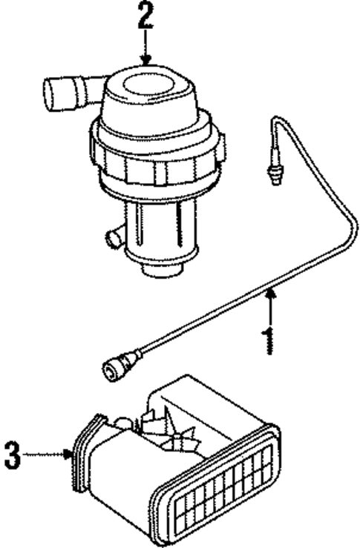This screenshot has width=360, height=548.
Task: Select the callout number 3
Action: tap(13, 453)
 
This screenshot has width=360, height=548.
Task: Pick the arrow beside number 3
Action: tap(52, 452)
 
